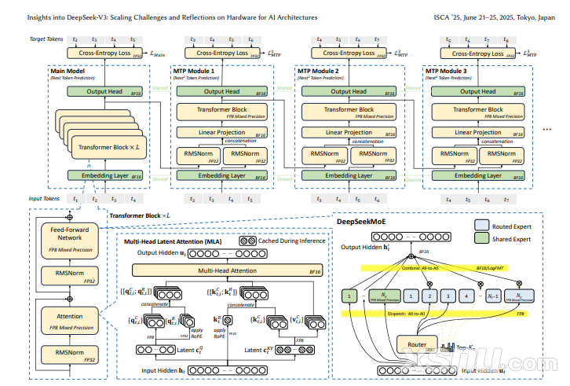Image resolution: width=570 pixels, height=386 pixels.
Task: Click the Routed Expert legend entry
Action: tap(509, 226)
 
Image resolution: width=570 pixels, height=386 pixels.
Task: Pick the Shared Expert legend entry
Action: tap(509, 239)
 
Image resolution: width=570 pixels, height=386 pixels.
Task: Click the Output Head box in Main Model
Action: tap(106, 92)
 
